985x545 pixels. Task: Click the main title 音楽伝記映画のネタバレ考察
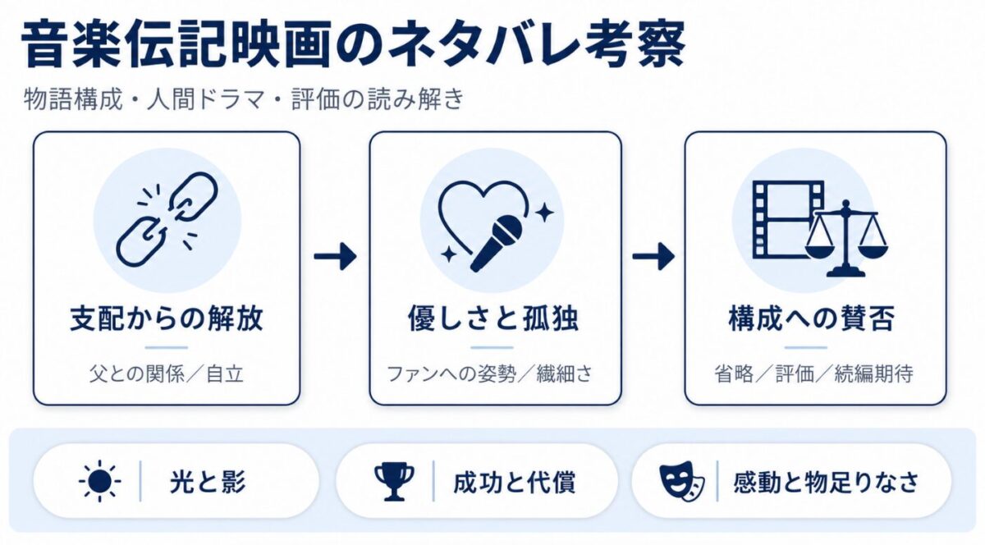click(353, 45)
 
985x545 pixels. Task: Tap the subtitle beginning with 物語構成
click(244, 99)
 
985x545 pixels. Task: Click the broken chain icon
click(167, 219)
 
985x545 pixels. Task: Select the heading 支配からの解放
click(166, 319)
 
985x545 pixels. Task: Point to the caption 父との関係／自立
click(166, 374)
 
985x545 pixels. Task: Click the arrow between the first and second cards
click(335, 255)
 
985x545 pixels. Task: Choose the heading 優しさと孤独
click(493, 319)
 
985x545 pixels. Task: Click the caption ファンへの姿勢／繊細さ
click(489, 374)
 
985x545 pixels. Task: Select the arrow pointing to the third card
click(653, 255)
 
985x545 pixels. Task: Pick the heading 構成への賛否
click(812, 319)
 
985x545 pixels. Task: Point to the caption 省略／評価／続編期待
click(813, 374)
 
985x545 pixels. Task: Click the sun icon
click(100, 481)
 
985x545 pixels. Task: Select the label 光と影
click(208, 482)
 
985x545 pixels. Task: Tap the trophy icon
click(394, 482)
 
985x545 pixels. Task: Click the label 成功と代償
click(514, 482)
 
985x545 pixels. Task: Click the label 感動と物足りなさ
click(827, 482)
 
